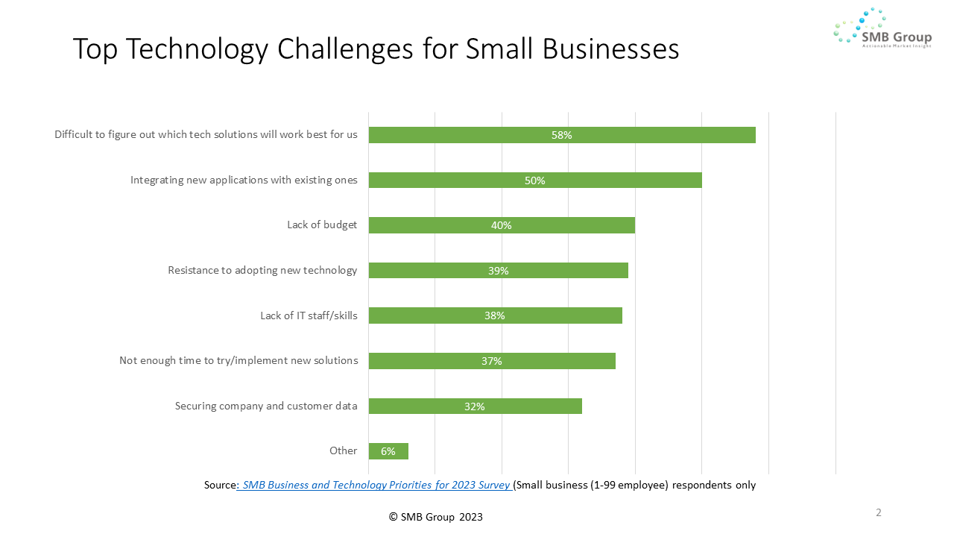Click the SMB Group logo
(882, 28)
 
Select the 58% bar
(562, 135)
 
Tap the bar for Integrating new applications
(535, 180)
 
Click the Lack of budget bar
(502, 225)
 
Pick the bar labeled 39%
(498, 271)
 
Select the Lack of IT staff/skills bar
(495, 315)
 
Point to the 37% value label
(492, 361)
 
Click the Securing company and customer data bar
(475, 406)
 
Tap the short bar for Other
(388, 451)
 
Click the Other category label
(343, 450)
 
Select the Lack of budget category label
(322, 225)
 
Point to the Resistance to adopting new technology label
(262, 270)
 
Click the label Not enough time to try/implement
(238, 360)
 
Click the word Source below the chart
(220, 485)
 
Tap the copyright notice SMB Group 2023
(436, 517)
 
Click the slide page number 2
(879, 512)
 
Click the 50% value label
(535, 180)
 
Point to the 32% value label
(475, 406)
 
